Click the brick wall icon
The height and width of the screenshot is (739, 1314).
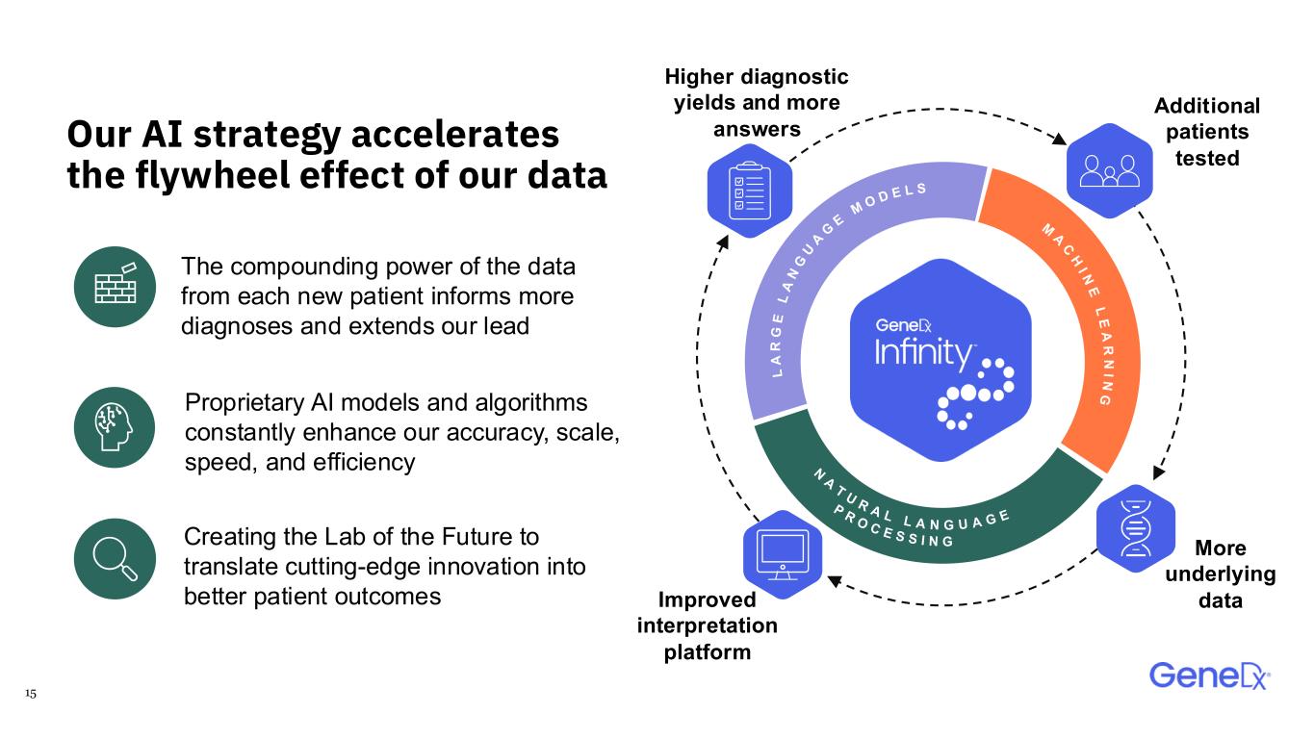pos(115,287)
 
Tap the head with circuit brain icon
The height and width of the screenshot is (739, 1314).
pos(115,427)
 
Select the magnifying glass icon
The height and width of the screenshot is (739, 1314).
pos(115,558)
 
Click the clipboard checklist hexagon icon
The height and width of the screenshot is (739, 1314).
pos(750,191)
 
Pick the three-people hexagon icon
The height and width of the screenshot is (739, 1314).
pos(1109,170)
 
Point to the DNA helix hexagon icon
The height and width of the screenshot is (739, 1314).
pos(1136,528)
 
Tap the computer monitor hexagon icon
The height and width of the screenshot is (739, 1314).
pos(783,554)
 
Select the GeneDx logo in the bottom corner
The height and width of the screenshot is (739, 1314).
pos(1209,675)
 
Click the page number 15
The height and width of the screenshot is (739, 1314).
pos(31,693)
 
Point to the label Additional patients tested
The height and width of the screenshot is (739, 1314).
pos(1207,132)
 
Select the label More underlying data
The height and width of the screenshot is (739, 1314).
pos(1221,574)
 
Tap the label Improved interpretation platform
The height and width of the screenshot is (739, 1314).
pos(707,625)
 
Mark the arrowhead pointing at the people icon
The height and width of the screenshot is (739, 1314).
pos(1059,139)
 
